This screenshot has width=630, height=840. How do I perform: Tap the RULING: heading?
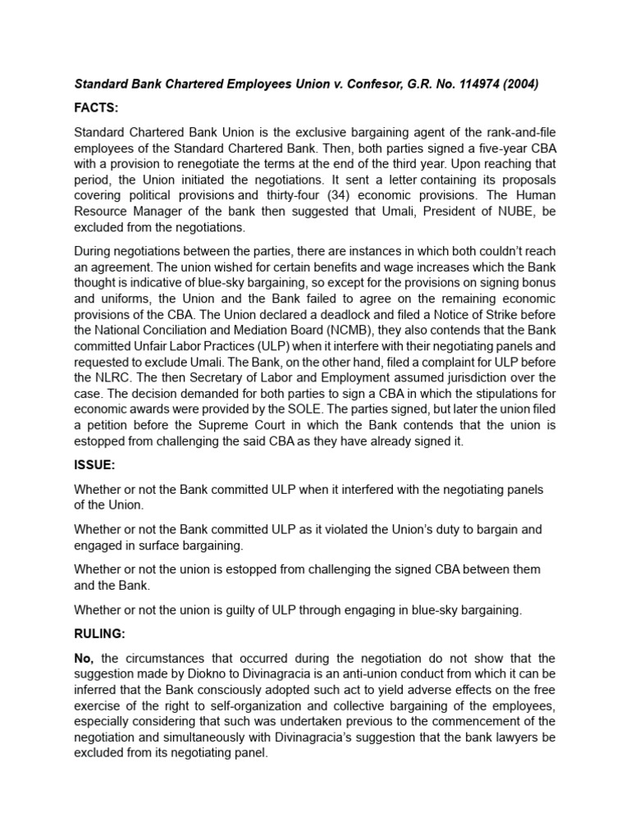[x=103, y=633]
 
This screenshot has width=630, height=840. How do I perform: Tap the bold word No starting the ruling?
[x=85, y=658]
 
